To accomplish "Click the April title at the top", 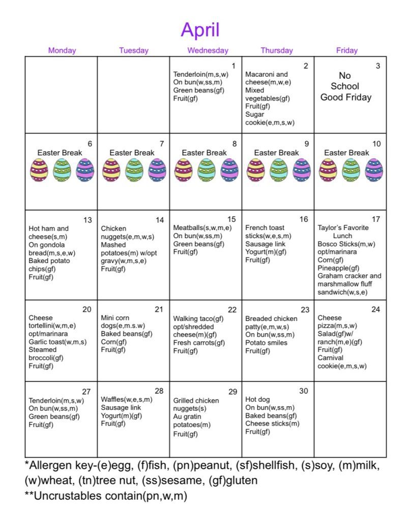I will point(200,30).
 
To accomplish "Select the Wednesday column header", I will point(208,50).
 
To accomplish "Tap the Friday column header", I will point(347,50).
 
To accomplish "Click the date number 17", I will point(376,219).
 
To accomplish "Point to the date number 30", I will point(304,391).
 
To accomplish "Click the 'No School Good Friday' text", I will point(345,87).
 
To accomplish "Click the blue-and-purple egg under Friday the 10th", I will point(374,170).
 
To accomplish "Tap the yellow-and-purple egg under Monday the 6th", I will point(39,170).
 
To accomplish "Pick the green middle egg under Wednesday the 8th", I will point(206,170).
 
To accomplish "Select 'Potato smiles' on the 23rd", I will point(266,343).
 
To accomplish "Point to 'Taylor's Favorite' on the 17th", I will point(343,227).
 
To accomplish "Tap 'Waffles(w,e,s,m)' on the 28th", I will point(126,399).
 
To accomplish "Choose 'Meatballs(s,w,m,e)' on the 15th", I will point(202,227).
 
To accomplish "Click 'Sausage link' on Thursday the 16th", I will point(266,244).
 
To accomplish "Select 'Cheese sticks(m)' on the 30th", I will point(272,424).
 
